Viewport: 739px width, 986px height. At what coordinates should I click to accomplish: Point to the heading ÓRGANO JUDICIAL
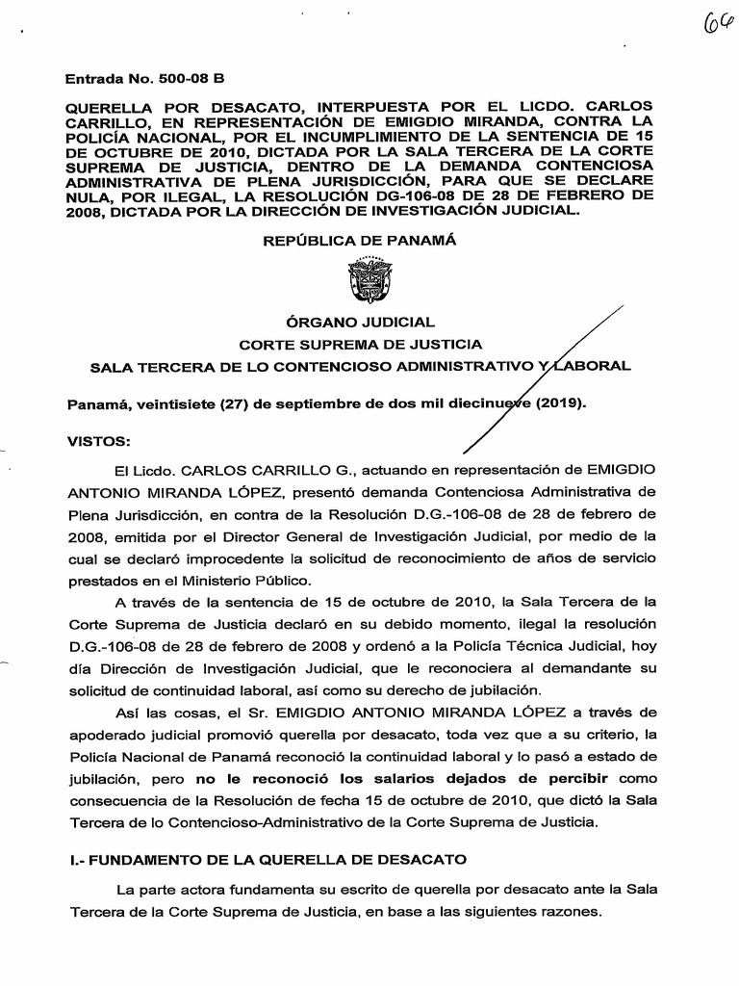tap(360, 321)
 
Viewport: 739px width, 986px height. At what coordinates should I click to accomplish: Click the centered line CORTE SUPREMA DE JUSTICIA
tap(360, 343)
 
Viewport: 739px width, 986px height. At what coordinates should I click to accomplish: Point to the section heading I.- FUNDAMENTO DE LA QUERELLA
tap(266, 858)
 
